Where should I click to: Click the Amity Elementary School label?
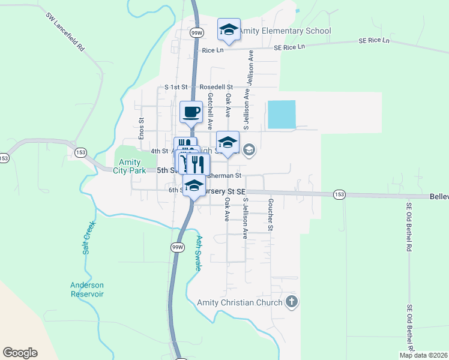tap(287, 31)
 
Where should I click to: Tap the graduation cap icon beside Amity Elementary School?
tap(228, 29)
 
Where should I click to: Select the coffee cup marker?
tap(191, 112)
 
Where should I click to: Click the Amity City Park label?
tap(129, 166)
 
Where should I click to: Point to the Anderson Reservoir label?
tap(87, 290)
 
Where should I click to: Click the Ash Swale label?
tap(198, 253)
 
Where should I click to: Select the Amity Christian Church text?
tap(240, 302)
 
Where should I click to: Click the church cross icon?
tap(292, 302)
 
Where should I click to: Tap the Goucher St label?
tap(271, 214)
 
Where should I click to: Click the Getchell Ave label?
tap(210, 111)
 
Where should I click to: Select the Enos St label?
tap(142, 128)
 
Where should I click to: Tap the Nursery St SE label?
tap(224, 191)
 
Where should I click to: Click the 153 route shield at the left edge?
tap(4, 158)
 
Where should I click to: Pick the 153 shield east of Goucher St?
tap(340, 194)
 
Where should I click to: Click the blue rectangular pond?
tap(282, 114)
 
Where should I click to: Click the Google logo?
tap(20, 353)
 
